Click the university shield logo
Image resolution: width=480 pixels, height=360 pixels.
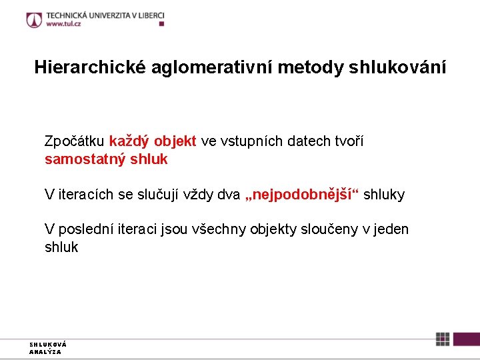point(34,19)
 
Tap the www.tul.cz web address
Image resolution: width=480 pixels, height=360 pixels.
point(65,24)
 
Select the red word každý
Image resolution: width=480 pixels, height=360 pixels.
point(130,141)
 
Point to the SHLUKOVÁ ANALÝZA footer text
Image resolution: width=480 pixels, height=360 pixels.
point(47,348)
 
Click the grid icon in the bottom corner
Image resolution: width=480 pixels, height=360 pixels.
point(443,339)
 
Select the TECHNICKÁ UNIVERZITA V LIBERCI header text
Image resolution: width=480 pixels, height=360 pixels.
point(105,15)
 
